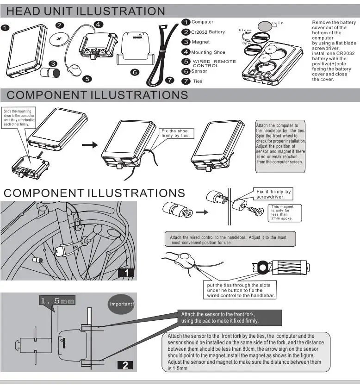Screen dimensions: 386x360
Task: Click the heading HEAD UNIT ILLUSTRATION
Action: pyautogui.click(x=86, y=11)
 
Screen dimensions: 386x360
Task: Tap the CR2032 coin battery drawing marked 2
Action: pyautogui.click(x=59, y=39)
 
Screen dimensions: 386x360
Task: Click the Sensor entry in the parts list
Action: pyautogui.click(x=199, y=71)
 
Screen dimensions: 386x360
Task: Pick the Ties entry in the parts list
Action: pyautogui.click(x=197, y=81)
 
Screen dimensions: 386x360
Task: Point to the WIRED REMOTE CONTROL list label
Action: pyautogui.click(x=214, y=63)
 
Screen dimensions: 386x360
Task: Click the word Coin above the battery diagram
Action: pyautogui.click(x=277, y=23)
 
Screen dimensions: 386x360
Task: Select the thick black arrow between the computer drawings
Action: pyautogui.click(x=89, y=145)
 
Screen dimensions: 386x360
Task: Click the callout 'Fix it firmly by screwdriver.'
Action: pyautogui.click(x=273, y=194)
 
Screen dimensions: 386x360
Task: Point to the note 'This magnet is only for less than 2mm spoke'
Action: pyautogui.click(x=282, y=212)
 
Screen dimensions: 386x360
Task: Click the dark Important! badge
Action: pyautogui.click(x=121, y=304)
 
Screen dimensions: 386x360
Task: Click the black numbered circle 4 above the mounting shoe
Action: pyautogui.click(x=98, y=24)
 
